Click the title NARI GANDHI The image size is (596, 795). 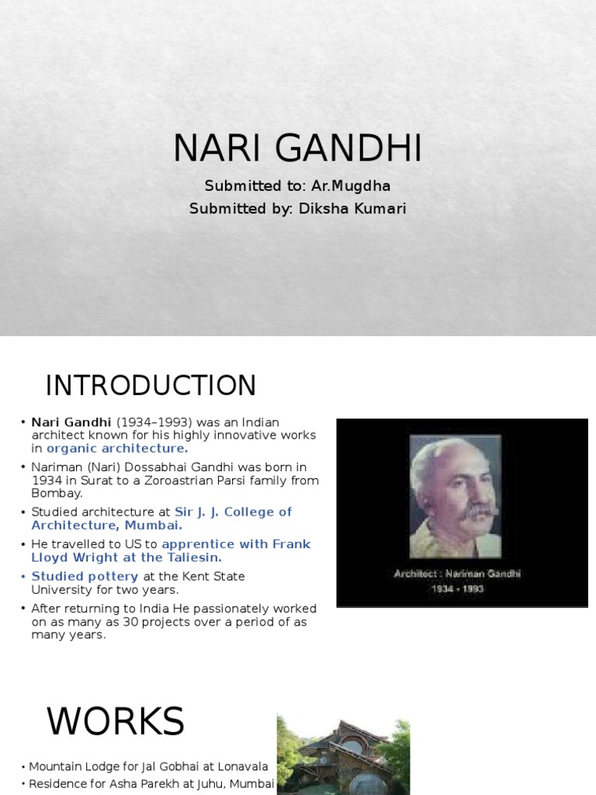(298, 148)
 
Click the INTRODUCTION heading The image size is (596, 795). (151, 386)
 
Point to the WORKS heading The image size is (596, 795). (115, 722)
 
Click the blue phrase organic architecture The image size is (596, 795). (116, 448)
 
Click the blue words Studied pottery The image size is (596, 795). (85, 576)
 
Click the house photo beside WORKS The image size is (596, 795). (343, 755)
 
